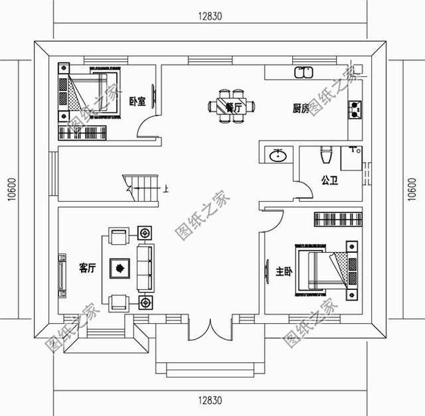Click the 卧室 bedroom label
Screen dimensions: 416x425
click(x=137, y=101)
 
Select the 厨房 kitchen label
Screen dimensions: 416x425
click(x=300, y=108)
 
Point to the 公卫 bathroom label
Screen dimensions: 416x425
click(x=329, y=179)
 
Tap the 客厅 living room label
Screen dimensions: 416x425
click(x=88, y=268)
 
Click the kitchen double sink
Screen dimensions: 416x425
click(x=303, y=72)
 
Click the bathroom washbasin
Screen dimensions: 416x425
click(x=278, y=156)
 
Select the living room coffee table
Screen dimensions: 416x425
click(x=120, y=269)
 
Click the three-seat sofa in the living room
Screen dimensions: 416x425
click(x=144, y=268)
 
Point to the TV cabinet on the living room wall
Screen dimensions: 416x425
click(x=61, y=273)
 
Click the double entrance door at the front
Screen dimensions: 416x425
click(x=212, y=330)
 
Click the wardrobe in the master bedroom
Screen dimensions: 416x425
click(x=338, y=219)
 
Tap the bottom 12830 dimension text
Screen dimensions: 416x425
click(x=211, y=401)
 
